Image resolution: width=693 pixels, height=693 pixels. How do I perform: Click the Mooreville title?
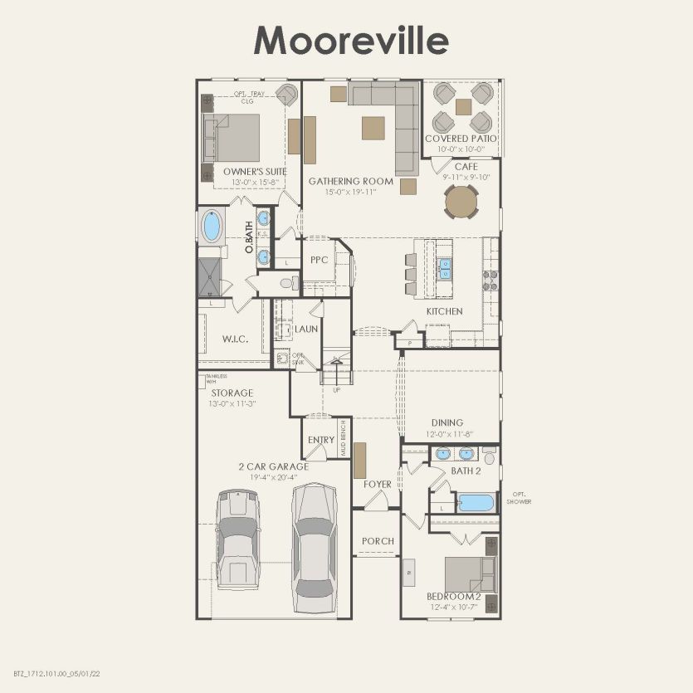point(351,39)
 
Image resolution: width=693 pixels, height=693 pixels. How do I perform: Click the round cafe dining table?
point(461,201)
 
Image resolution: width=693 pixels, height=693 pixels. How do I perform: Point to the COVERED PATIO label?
point(461,139)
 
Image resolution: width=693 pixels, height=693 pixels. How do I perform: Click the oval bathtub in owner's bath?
point(212,227)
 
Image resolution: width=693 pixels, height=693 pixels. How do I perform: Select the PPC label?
point(319,260)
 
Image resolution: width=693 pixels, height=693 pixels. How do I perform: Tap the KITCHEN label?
point(444,311)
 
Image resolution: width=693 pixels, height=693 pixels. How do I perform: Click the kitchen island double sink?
point(446,268)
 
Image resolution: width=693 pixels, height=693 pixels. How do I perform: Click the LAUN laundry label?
point(307,329)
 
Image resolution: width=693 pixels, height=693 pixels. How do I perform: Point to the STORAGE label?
point(232,393)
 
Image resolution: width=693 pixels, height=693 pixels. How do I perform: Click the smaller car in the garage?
point(239,539)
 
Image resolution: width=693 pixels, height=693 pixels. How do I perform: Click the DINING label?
point(447,422)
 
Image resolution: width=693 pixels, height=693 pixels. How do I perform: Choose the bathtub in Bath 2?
point(476,503)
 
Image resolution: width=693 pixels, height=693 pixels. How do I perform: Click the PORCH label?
point(378,541)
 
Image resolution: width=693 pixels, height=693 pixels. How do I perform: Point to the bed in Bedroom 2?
point(470,574)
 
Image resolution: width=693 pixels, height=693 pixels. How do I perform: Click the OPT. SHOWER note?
point(521,497)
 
